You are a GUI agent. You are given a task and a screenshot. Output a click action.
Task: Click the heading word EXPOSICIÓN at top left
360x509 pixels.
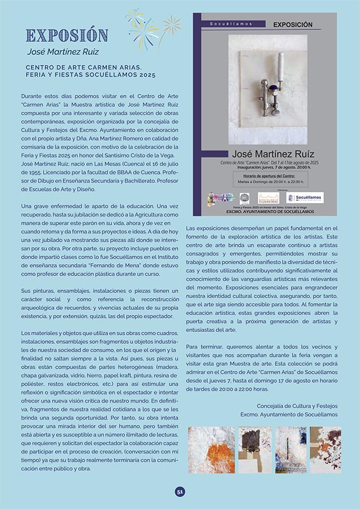click(x=67, y=35)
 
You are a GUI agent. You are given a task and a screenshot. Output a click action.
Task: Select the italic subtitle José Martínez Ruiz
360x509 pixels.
click(x=63, y=52)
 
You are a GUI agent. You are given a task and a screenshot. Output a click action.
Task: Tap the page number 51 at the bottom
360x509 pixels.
click(x=180, y=491)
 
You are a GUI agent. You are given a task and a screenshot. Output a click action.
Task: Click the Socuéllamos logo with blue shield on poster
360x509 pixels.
click(x=305, y=198)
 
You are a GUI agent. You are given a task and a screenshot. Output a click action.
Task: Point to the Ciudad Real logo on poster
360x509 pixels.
click(x=268, y=198)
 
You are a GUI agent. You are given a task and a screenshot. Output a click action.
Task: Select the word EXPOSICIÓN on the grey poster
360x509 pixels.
click(x=293, y=25)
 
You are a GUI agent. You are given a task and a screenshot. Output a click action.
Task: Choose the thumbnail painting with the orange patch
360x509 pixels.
click(x=211, y=450)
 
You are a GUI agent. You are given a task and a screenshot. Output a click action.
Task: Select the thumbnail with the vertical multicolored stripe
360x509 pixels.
click(x=290, y=450)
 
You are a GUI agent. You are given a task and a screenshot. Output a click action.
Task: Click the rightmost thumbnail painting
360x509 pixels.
click(x=325, y=450)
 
